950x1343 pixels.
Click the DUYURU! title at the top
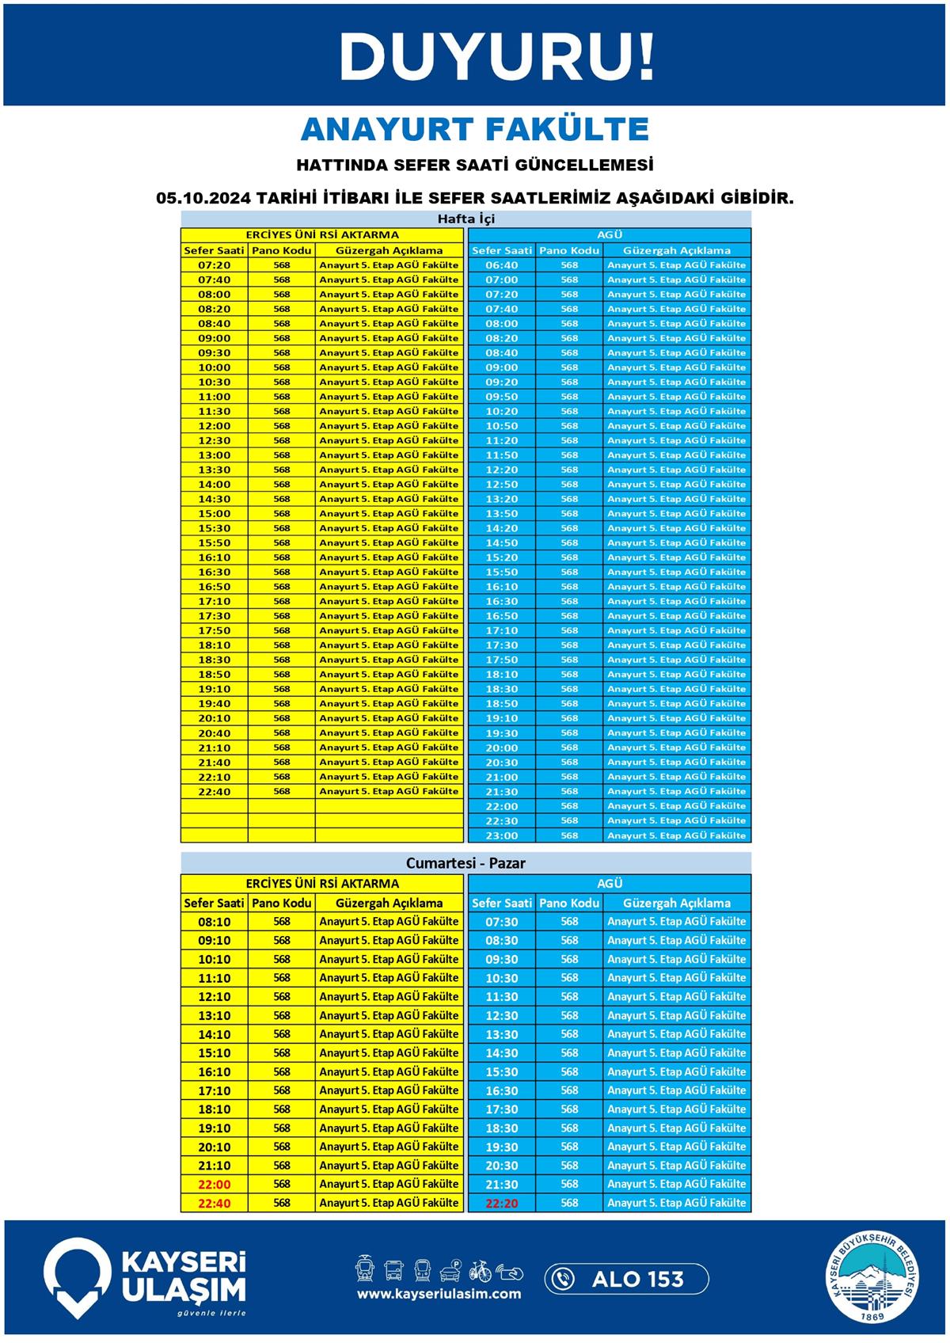[496, 56]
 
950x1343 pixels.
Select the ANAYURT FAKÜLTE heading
[475, 129]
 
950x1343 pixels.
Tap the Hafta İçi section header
[465, 219]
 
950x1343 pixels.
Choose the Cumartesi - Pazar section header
[465, 863]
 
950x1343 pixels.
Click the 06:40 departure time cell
[502, 265]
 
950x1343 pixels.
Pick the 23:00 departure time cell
[502, 835]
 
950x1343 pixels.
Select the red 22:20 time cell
[502, 1203]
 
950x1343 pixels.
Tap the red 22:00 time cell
[214, 1184]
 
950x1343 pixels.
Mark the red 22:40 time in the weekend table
[214, 1203]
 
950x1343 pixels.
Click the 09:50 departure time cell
[502, 397]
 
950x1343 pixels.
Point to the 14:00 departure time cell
[214, 484]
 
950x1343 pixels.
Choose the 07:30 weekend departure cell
[502, 922]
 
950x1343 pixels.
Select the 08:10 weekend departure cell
[214, 922]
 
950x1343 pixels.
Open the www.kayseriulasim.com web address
[439, 1294]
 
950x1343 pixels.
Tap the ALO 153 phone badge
[626, 1279]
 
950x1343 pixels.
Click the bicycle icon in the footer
[480, 1271]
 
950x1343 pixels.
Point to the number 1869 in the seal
[873, 1316]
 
